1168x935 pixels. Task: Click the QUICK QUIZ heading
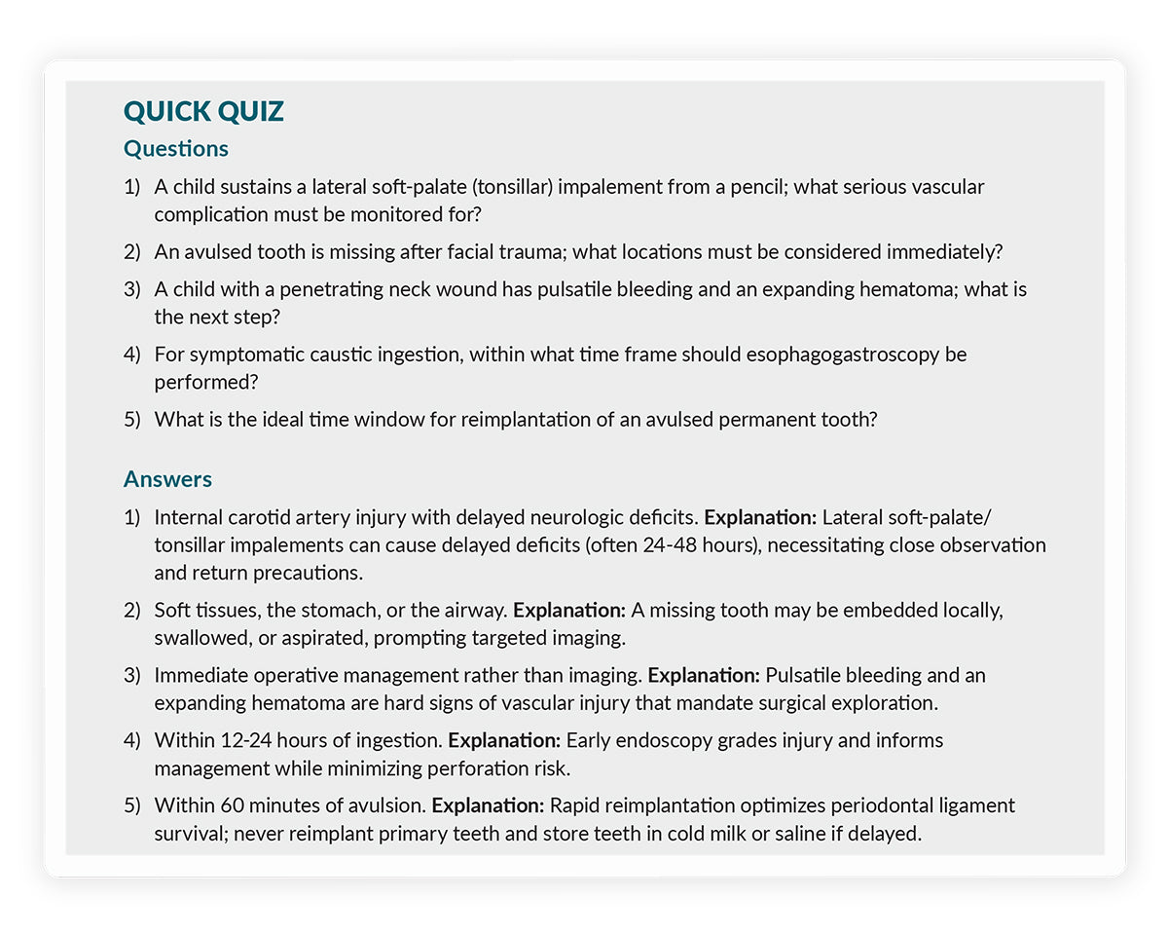203,112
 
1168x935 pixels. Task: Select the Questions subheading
176,149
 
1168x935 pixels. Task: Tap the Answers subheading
167,479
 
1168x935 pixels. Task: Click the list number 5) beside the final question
132,420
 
